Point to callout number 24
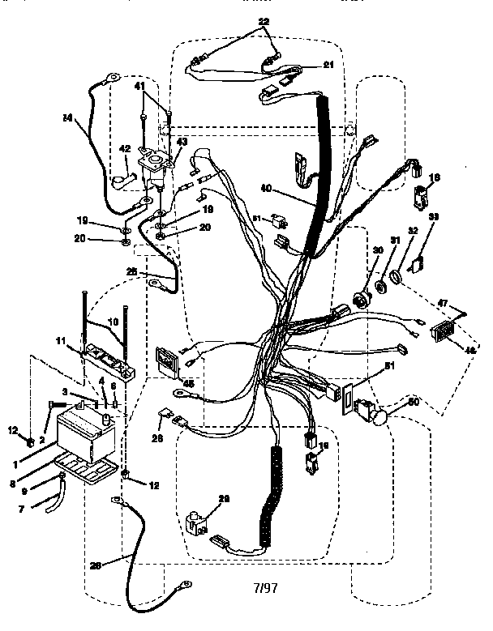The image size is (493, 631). coord(68,118)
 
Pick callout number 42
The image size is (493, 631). coord(125,148)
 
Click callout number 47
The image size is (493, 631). coord(443,302)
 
